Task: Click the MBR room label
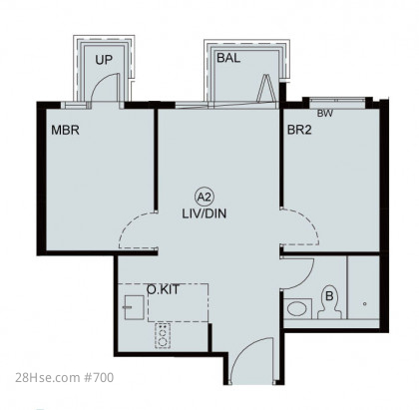(x=65, y=130)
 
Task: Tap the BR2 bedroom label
(x=299, y=130)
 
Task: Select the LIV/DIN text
(x=205, y=213)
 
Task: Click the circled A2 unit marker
(x=205, y=198)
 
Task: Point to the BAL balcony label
(x=228, y=58)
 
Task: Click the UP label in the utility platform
(x=104, y=60)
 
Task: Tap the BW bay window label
(x=324, y=114)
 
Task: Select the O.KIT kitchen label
(x=163, y=289)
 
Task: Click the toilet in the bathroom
(x=329, y=302)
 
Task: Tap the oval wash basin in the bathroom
(x=297, y=308)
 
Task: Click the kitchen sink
(x=134, y=307)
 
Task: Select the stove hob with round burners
(x=163, y=336)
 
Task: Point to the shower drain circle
(x=365, y=304)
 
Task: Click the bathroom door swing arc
(x=307, y=279)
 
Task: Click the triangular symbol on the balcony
(x=265, y=88)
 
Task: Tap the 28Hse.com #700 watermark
(x=65, y=378)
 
